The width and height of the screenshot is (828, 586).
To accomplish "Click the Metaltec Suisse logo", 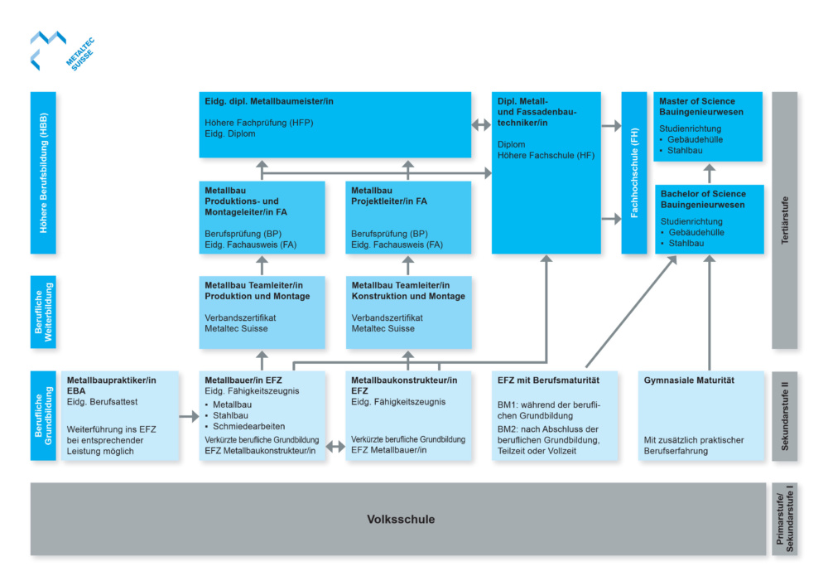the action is click(x=62, y=51).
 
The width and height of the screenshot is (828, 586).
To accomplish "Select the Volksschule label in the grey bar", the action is click(x=401, y=520).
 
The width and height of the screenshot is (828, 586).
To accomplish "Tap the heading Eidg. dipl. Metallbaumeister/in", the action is click(x=269, y=101).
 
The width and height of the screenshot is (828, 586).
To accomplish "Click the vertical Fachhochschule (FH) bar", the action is click(x=634, y=172).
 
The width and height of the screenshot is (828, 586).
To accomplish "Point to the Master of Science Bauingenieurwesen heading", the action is click(x=700, y=107).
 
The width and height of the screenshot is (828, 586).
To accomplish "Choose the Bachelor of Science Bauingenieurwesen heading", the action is click(x=703, y=199).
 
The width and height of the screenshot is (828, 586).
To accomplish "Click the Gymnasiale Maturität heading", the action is click(x=689, y=380).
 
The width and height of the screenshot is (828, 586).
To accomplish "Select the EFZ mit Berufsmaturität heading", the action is click(x=548, y=380).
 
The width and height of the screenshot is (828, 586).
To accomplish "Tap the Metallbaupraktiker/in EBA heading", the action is click(x=112, y=385).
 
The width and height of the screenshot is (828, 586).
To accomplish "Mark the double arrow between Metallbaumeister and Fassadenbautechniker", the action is click(x=481, y=125).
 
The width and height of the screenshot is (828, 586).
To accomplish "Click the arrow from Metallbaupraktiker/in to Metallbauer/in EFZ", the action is click(x=189, y=417).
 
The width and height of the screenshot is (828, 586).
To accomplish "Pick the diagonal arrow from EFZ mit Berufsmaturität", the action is click(x=631, y=312).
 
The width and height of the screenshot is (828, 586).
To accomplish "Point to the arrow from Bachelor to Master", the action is click(x=710, y=174).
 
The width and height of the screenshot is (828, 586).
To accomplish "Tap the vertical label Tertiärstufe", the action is click(x=785, y=220).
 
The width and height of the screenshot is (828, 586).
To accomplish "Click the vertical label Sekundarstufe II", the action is click(x=785, y=416).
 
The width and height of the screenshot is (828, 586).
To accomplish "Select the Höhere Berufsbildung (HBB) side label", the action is click(x=43, y=172).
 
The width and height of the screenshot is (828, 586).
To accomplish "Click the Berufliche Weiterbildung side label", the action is click(x=43, y=312).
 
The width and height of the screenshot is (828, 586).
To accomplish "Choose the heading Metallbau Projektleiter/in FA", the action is click(x=389, y=196).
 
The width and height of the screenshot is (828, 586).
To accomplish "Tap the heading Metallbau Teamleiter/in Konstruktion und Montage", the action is click(x=408, y=291).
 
